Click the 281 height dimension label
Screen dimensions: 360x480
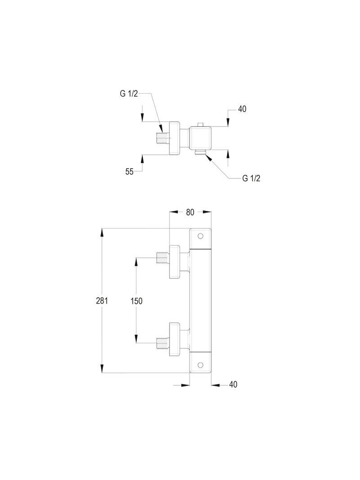point(102,301)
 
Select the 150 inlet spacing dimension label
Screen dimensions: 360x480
point(136,301)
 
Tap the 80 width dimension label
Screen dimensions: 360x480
point(190,212)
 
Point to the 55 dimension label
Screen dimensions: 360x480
point(130,172)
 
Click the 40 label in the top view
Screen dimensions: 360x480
point(242,109)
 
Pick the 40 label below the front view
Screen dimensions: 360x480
point(233,384)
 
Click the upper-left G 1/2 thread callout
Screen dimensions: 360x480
point(129,94)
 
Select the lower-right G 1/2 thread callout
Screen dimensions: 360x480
point(252,179)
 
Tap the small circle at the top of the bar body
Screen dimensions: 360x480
point(201,236)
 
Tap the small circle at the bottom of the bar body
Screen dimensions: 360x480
point(201,364)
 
